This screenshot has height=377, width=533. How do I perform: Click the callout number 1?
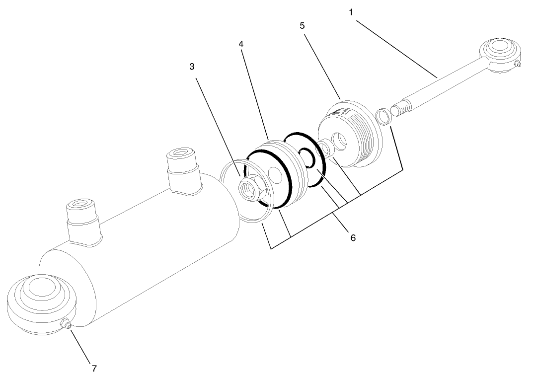pyautogui.click(x=351, y=12)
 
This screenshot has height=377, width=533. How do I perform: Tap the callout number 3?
pyautogui.click(x=192, y=66)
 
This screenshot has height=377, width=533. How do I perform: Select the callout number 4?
pyautogui.click(x=241, y=44)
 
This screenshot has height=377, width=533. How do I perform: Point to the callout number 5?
pyautogui.click(x=302, y=25)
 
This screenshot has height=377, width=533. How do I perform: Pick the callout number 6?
pyautogui.click(x=353, y=237)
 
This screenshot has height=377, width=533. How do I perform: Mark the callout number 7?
pyautogui.click(x=94, y=368)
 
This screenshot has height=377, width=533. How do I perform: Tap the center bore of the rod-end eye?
pyautogui.click(x=498, y=49)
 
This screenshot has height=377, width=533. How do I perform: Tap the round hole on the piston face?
pyautogui.click(x=272, y=174)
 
